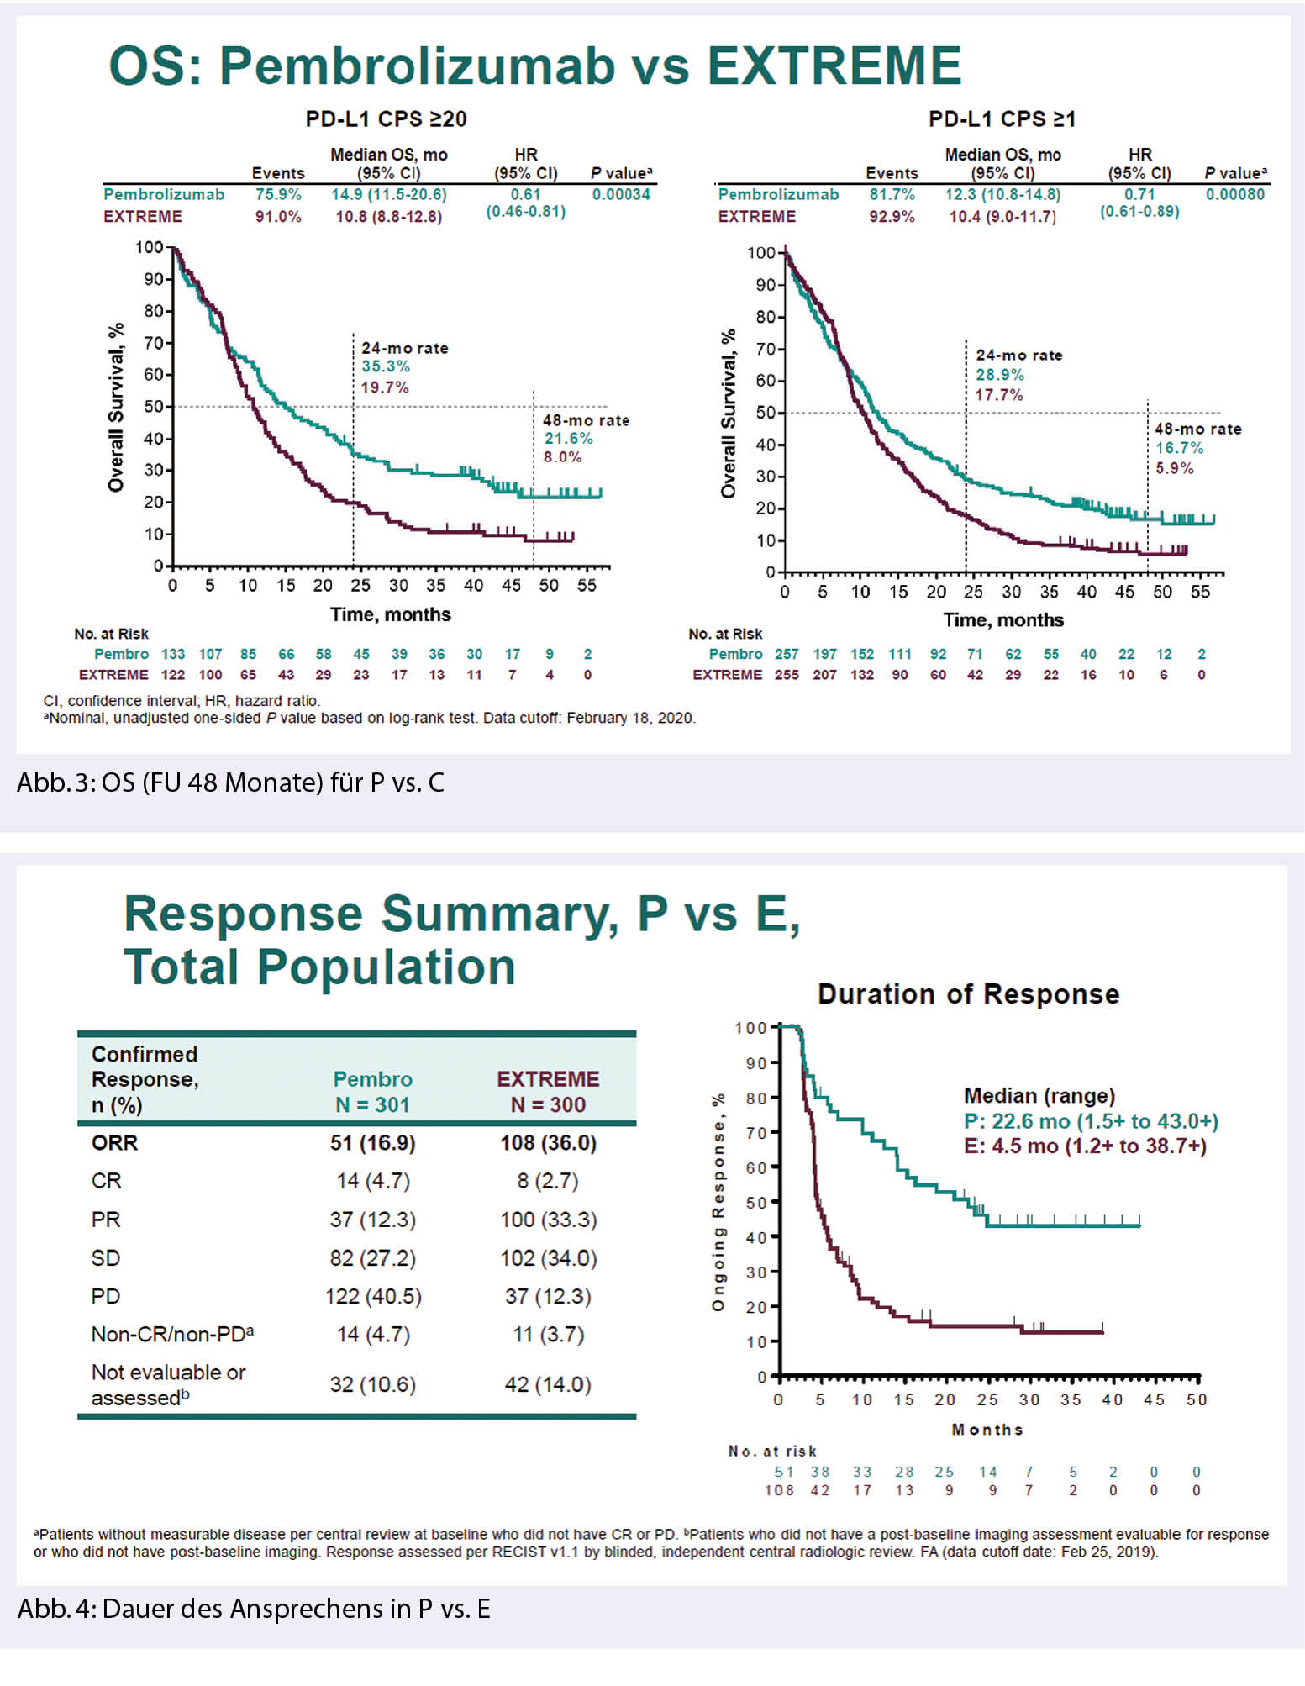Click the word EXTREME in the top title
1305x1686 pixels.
834,66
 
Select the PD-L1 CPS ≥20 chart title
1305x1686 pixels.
386,119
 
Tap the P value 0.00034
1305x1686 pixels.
621,194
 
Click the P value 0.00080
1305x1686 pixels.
1234,194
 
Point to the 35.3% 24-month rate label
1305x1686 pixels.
386,366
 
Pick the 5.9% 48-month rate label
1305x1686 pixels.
1174,468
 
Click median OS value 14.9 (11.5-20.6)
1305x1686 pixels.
388,194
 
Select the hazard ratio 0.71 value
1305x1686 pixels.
1139,194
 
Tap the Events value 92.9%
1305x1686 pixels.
892,216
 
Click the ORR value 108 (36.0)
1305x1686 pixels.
548,1143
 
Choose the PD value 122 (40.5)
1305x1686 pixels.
373,1296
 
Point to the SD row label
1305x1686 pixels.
106,1258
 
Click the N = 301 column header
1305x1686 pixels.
372,1104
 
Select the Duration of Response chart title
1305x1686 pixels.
968,994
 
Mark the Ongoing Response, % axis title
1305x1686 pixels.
718,1202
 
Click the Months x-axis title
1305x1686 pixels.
987,1430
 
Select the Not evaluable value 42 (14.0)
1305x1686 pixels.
548,1384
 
